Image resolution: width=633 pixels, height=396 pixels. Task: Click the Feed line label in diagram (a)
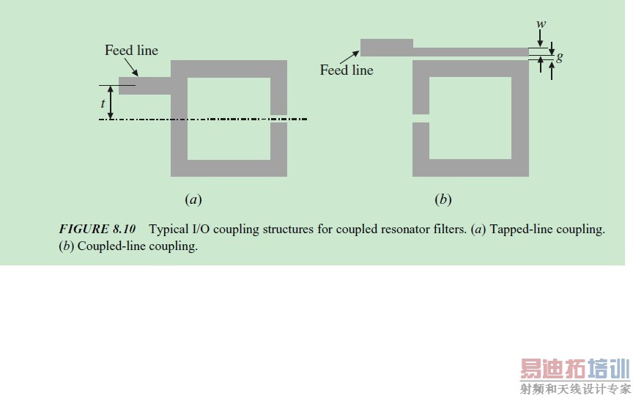click(x=132, y=51)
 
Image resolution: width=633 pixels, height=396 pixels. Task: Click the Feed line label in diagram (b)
click(x=347, y=70)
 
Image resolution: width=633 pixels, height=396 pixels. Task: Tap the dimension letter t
click(x=103, y=103)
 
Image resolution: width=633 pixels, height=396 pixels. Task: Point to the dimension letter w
click(x=541, y=24)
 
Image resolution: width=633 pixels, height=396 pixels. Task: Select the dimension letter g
click(x=559, y=57)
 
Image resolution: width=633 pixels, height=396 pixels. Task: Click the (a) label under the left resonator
click(x=193, y=199)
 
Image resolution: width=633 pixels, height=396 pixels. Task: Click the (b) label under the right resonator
click(x=443, y=199)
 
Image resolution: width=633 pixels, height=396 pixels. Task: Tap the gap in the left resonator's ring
click(x=278, y=119)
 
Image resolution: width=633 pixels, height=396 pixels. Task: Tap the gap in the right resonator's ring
click(x=421, y=118)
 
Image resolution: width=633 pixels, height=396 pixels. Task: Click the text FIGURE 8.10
click(x=97, y=229)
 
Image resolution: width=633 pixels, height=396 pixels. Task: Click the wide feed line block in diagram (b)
click(x=386, y=48)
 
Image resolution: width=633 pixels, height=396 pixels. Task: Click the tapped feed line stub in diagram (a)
click(x=145, y=86)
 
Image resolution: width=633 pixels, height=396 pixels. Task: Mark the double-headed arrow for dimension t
click(x=111, y=102)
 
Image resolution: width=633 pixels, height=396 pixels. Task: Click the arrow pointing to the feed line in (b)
click(x=349, y=57)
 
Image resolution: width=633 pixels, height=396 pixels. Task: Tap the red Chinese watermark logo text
click(x=575, y=369)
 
